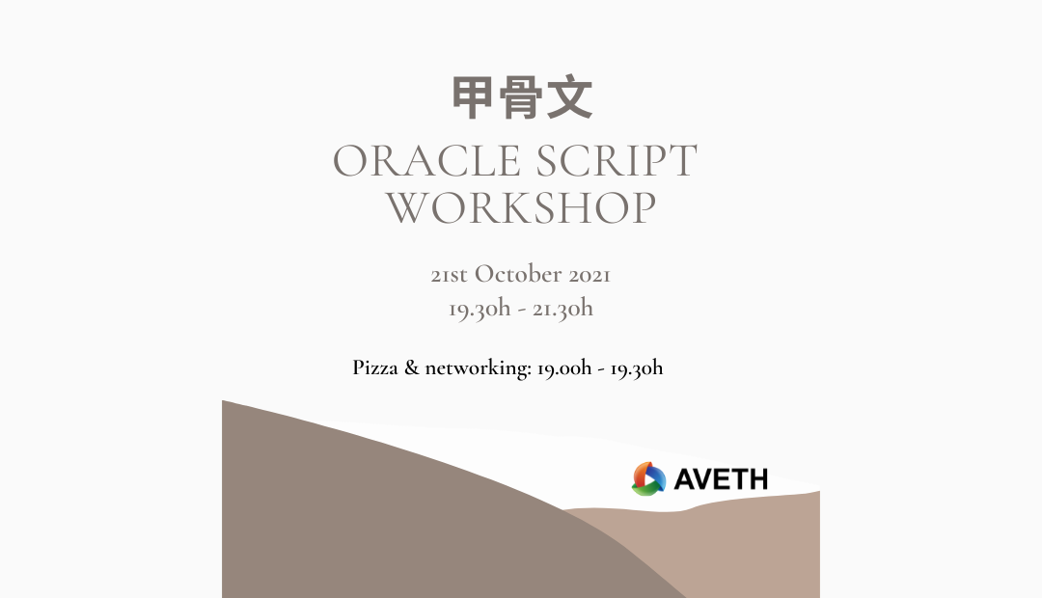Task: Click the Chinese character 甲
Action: click(x=473, y=97)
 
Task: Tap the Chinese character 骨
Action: click(x=521, y=97)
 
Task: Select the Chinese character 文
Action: click(x=569, y=97)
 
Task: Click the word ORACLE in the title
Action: click(x=426, y=161)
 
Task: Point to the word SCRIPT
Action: click(x=616, y=161)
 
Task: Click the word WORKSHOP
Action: click(x=521, y=208)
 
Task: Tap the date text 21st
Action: click(x=449, y=275)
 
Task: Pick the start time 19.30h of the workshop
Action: click(x=480, y=309)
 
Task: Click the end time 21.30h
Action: click(x=562, y=309)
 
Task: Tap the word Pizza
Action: click(x=374, y=367)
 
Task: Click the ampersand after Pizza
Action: click(x=412, y=367)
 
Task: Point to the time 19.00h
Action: click(x=564, y=368)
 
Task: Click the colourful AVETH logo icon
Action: click(x=648, y=479)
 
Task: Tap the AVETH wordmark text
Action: click(x=721, y=479)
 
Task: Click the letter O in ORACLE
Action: click(x=351, y=161)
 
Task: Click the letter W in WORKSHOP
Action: click(x=409, y=208)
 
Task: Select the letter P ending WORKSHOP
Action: click(x=644, y=208)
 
